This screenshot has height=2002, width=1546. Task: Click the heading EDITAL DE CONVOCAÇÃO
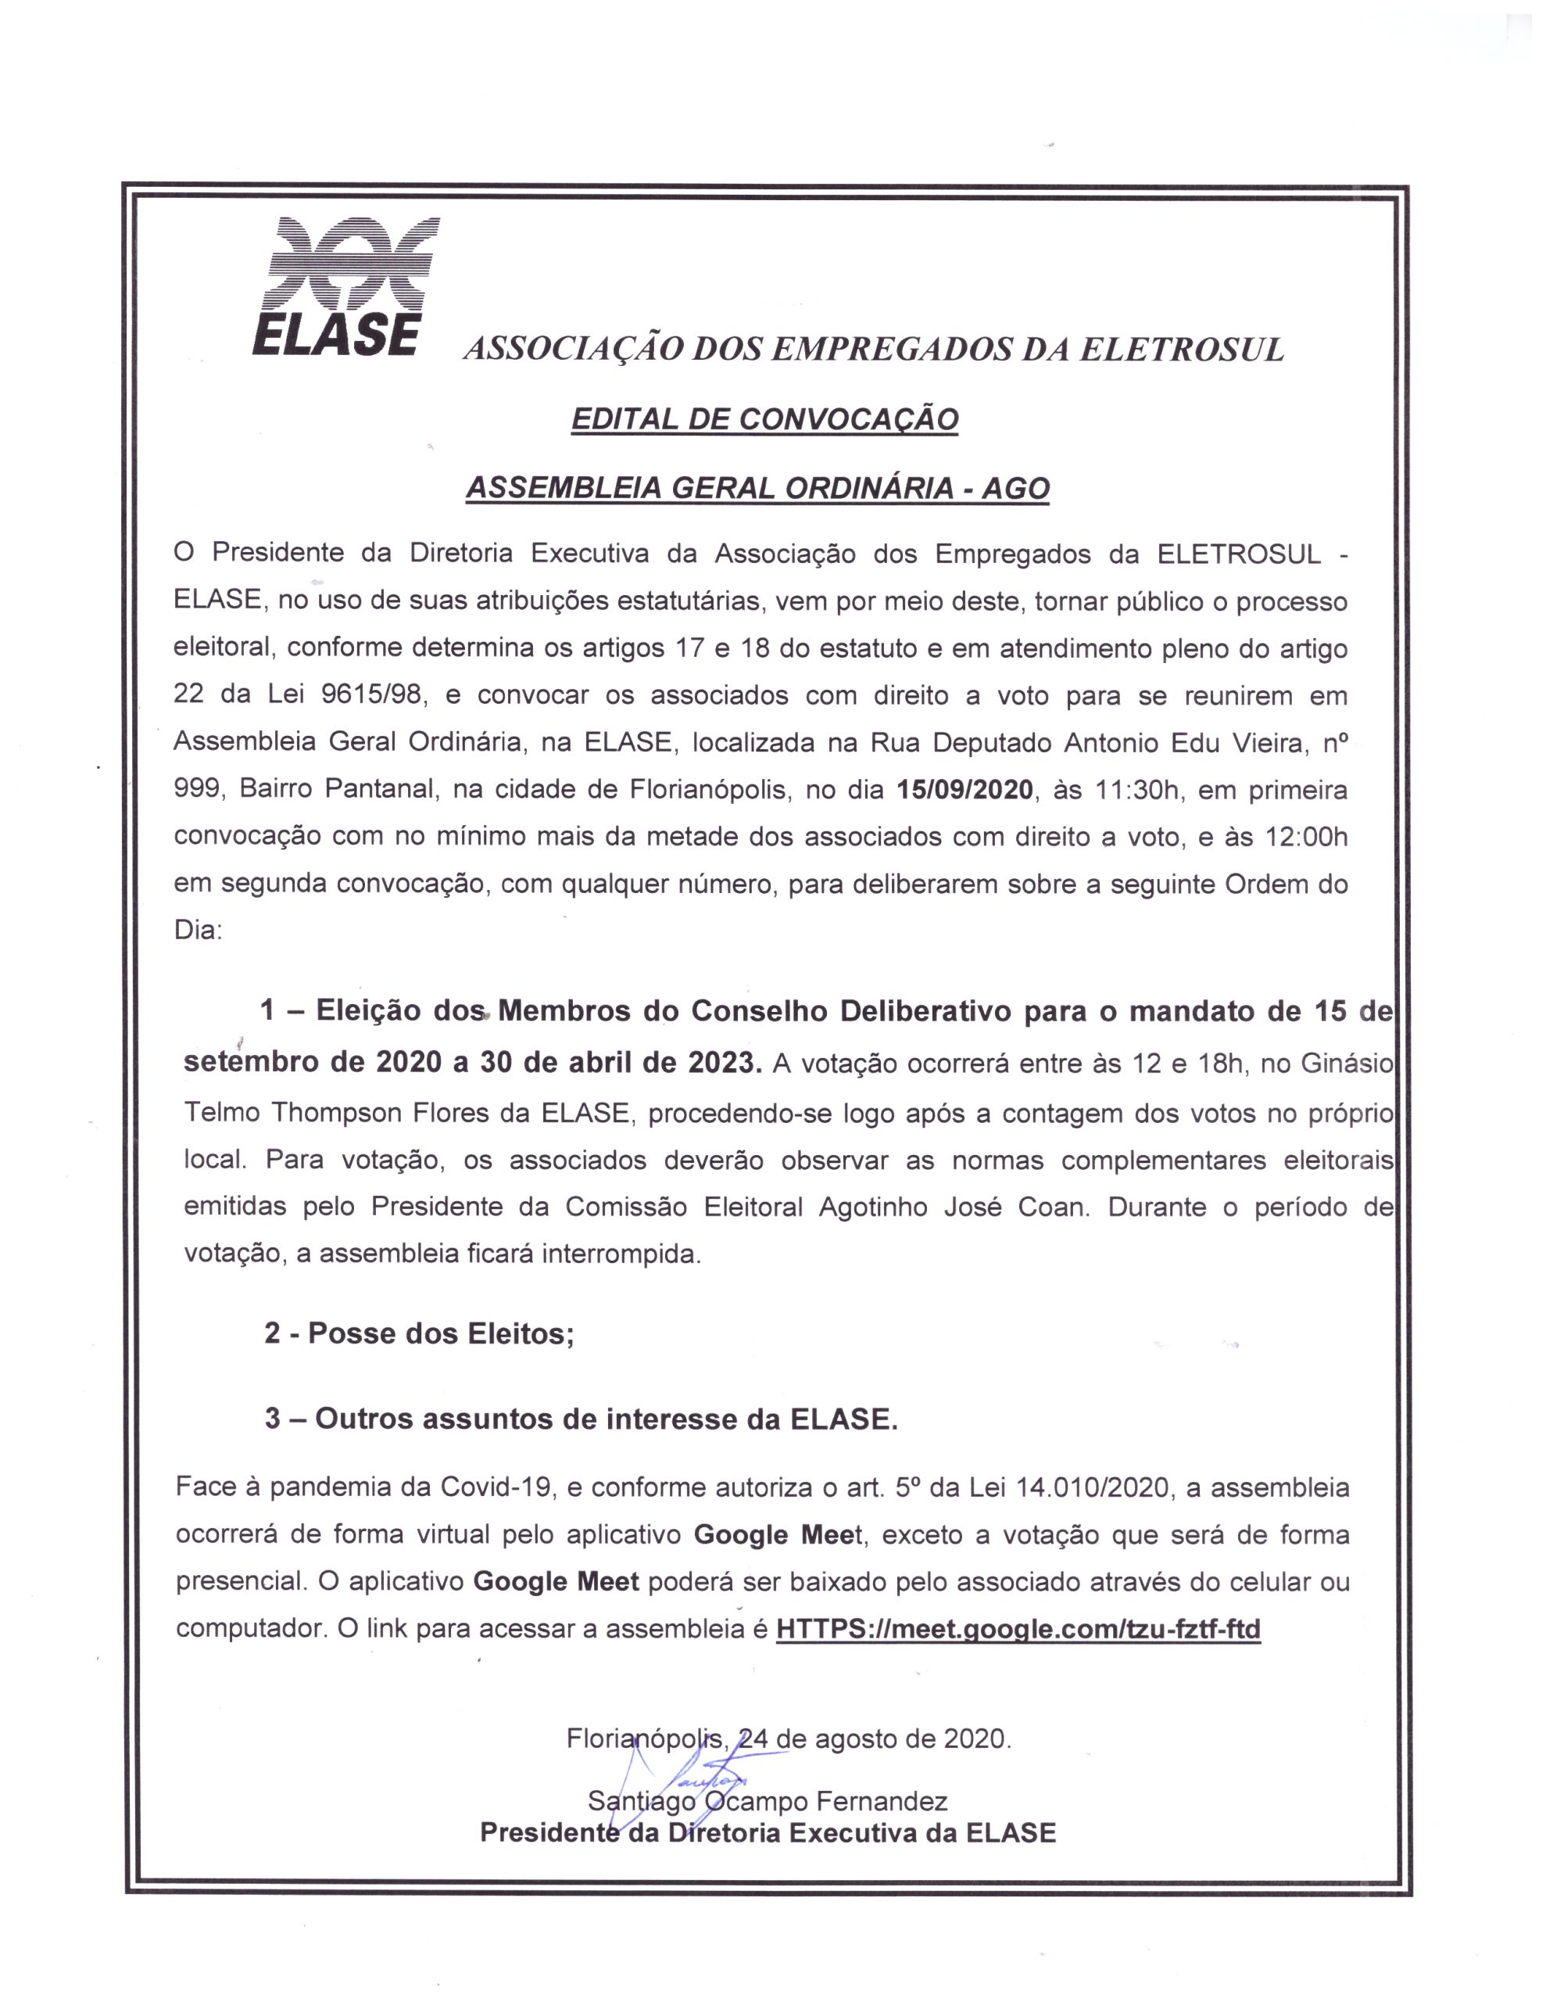(764, 420)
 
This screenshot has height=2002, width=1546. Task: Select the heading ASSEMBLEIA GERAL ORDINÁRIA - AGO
(757, 488)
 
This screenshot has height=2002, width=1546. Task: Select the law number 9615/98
(374, 694)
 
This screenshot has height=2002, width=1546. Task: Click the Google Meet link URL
(1018, 1629)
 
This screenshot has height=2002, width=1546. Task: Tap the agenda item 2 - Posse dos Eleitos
(420, 1333)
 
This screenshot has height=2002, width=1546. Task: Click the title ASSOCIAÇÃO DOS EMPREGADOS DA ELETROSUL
(873, 350)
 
